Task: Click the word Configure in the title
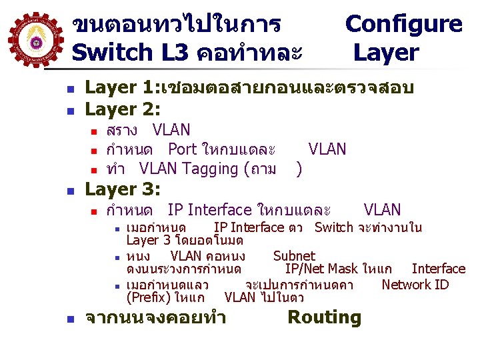coord(403,25)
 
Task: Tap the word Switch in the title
coord(111,52)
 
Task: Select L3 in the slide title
coord(174,52)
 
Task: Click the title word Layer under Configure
coord(386,52)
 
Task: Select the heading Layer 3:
coord(123,190)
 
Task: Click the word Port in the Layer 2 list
coord(182,149)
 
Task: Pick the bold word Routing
coord(324,317)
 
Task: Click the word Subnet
coord(294,255)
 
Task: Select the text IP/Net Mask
coord(322,269)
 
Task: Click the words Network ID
coord(415,285)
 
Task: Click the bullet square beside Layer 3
coord(78,191)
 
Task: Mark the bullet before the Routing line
coord(78,319)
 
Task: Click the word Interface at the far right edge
coord(438,269)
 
